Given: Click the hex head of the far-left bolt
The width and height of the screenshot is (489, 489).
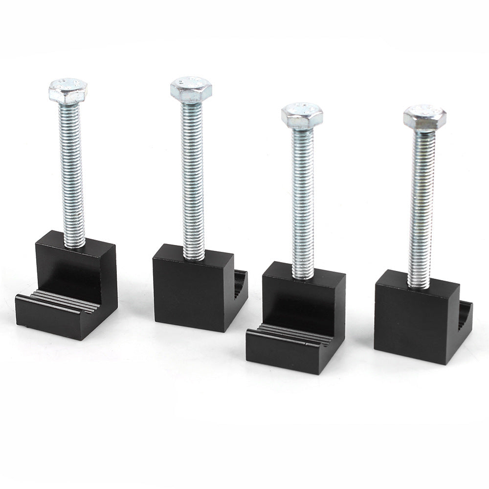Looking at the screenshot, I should (68, 91).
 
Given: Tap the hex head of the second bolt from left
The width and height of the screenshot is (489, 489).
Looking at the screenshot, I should (191, 89).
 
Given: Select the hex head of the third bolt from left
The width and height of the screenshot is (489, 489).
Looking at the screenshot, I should (302, 115).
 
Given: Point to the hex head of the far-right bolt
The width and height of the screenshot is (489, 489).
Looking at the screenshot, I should (424, 117).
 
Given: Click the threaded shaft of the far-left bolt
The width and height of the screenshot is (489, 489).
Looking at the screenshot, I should (72, 171).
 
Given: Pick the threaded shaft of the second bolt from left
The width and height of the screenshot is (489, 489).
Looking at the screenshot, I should (193, 176).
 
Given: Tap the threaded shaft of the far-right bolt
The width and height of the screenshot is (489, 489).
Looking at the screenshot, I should (422, 205).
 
